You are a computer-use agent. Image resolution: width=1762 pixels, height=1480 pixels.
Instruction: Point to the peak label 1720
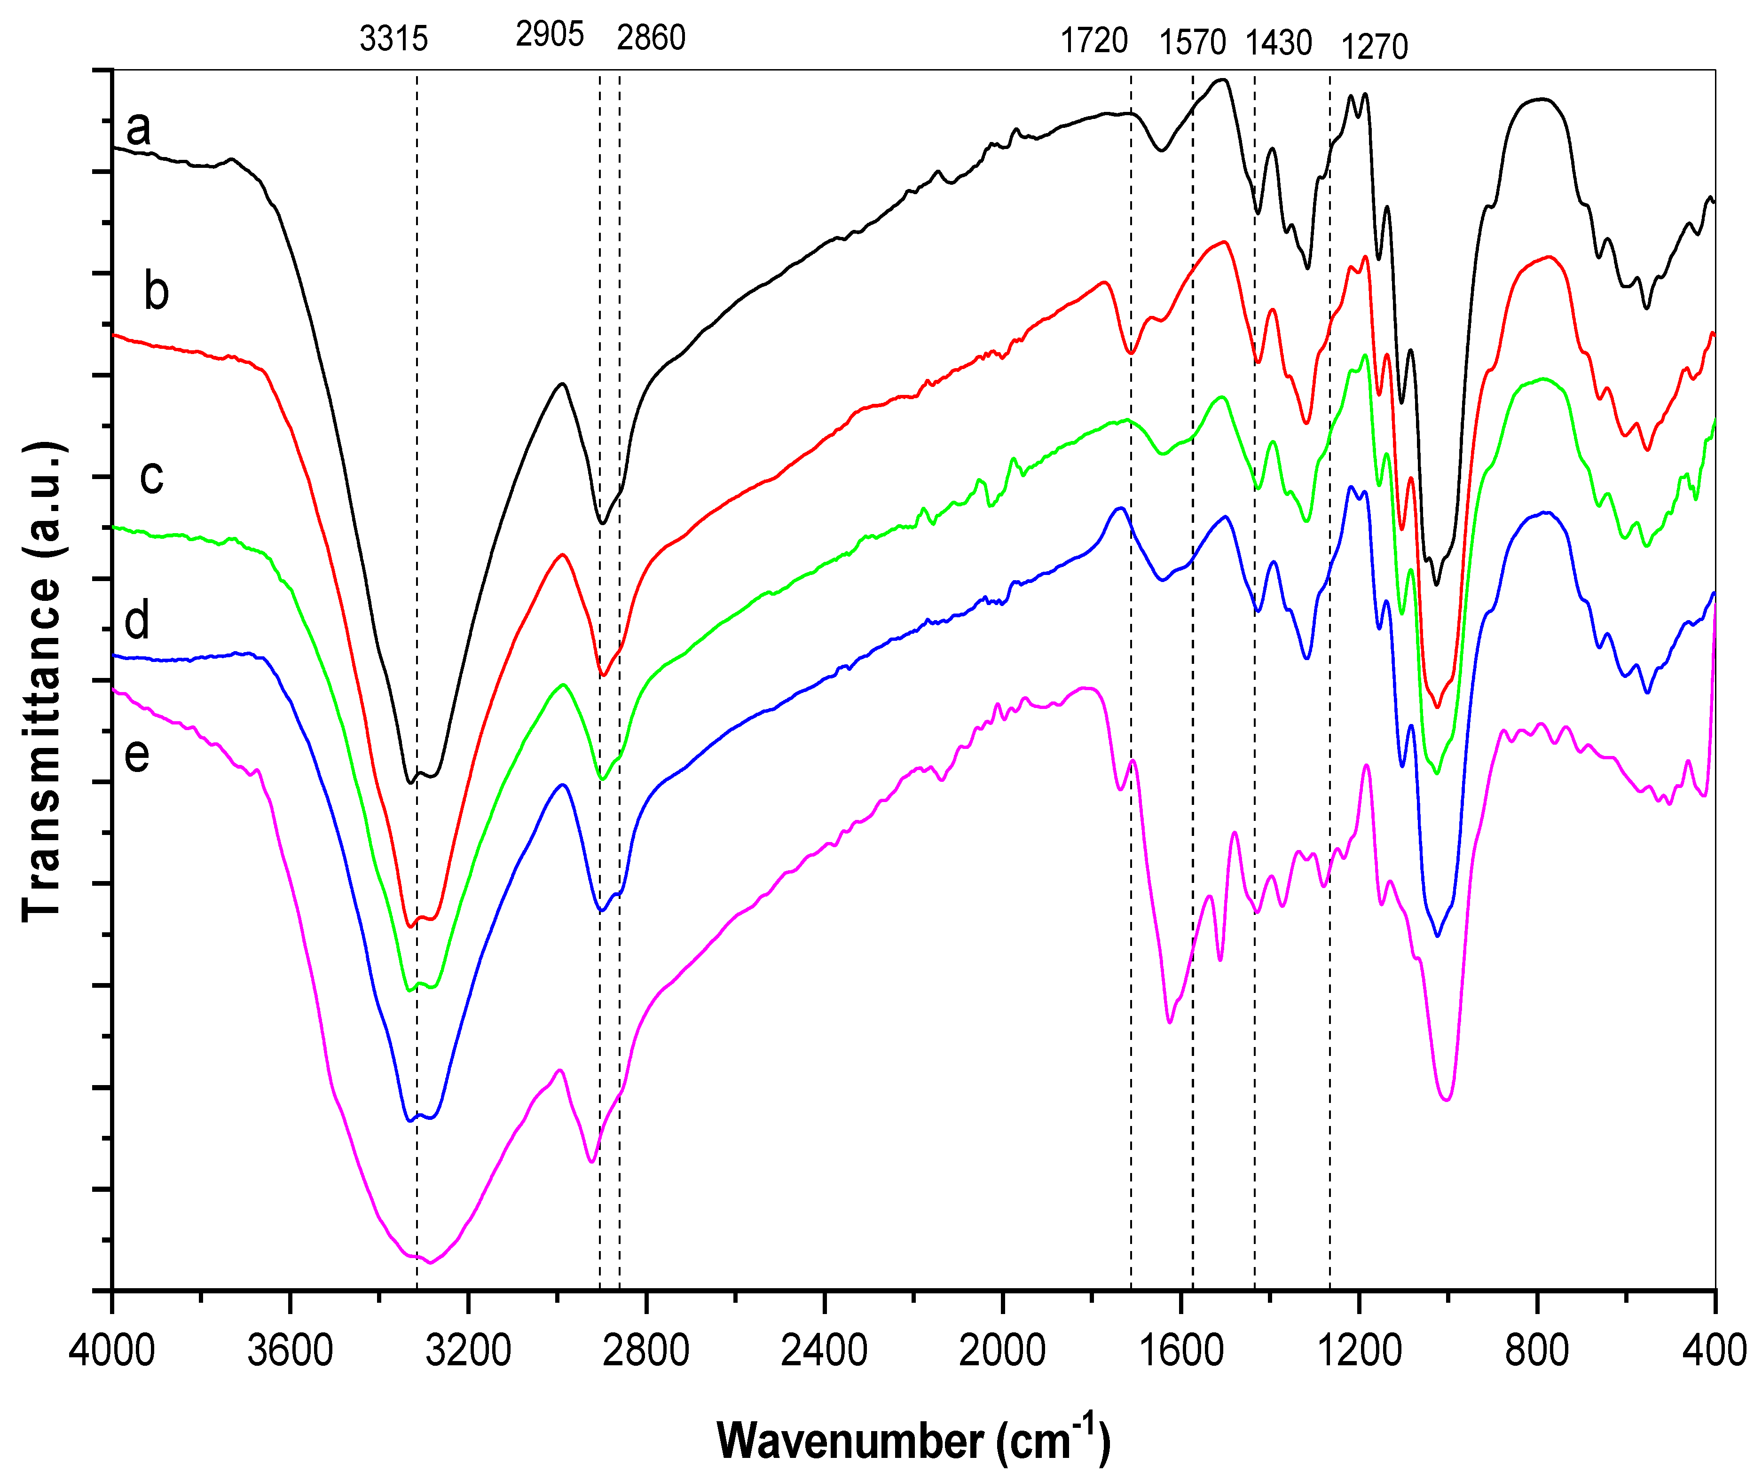[x=1094, y=40]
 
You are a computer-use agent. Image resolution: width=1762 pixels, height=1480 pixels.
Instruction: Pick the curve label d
[x=137, y=621]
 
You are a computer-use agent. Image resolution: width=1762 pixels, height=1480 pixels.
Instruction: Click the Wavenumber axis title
[x=913, y=1440]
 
